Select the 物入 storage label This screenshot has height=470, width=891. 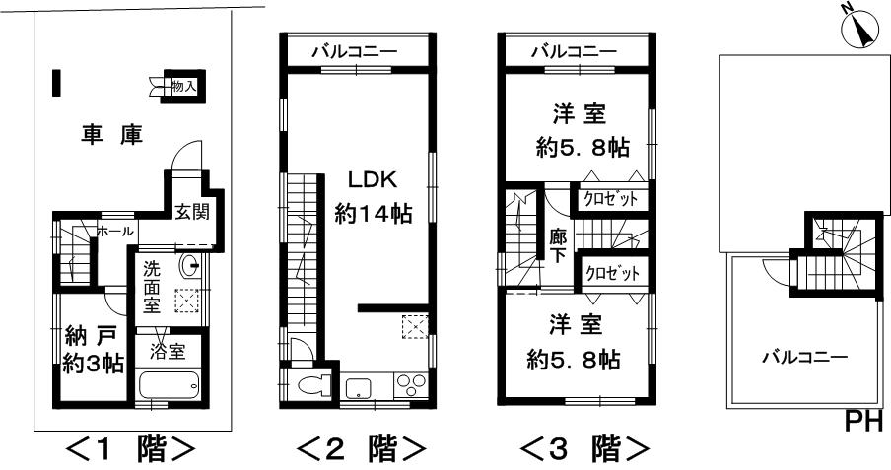point(183,88)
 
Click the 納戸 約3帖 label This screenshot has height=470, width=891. point(90,350)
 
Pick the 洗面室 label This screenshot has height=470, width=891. point(152,286)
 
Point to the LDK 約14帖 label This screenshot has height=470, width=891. point(373,197)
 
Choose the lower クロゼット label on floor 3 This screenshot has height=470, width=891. point(612,273)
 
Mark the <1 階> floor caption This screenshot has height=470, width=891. point(129,449)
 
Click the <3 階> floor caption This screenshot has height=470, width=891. point(584,449)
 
